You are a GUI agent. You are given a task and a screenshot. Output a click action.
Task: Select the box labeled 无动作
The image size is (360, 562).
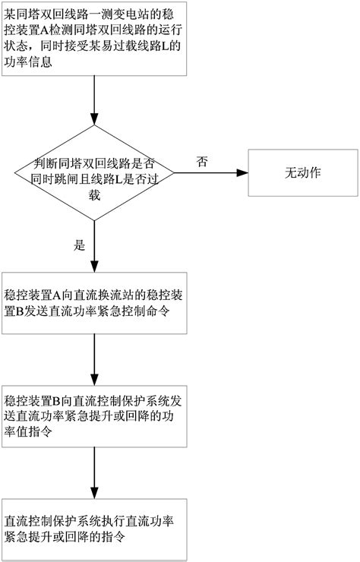tap(302, 172)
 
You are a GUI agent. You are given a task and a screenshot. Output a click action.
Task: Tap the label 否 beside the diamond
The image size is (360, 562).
tap(203, 162)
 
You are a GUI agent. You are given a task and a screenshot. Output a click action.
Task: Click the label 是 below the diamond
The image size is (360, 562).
tap(78, 245)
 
